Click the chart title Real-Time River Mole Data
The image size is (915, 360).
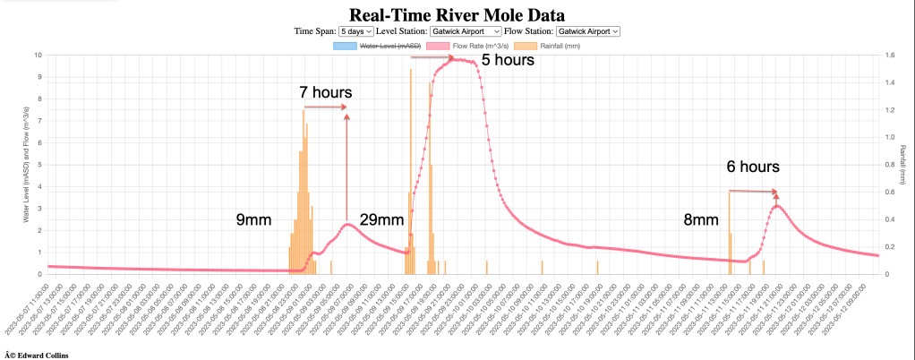point(457,15)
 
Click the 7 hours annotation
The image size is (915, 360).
point(326,92)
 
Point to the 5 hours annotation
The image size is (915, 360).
point(508,61)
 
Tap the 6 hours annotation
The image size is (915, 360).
point(753,167)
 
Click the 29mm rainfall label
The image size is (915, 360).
point(381,220)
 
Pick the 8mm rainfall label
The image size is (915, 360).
point(700,220)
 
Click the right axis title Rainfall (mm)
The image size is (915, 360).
point(902,164)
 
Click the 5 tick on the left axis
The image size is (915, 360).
point(38,165)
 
